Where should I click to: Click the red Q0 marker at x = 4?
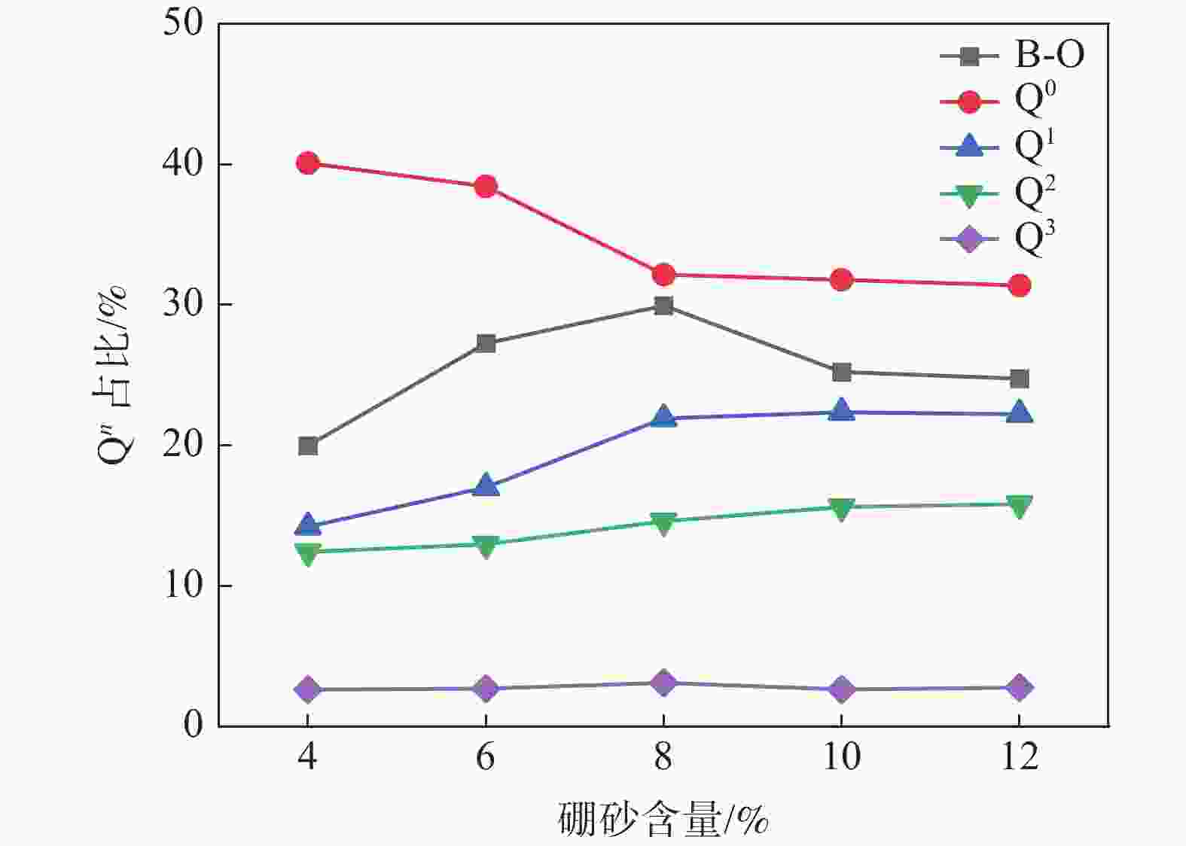click(307, 163)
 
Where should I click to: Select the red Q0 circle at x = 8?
click(663, 275)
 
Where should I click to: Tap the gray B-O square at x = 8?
click(663, 306)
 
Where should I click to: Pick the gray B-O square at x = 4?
click(308, 446)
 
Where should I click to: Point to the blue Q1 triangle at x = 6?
click(486, 485)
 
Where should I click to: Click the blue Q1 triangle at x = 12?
click(1019, 412)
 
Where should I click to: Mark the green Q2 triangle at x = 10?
click(841, 509)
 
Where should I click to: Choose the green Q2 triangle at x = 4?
click(308, 554)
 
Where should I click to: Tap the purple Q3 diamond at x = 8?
click(663, 683)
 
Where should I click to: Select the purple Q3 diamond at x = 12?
click(1019, 687)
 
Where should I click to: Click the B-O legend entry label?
click(1049, 55)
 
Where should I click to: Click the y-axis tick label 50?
click(184, 23)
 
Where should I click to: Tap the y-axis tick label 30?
click(184, 304)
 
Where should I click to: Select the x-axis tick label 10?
click(841, 756)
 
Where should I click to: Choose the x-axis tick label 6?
click(486, 756)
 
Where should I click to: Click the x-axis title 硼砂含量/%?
click(663, 820)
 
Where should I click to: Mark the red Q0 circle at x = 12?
click(1019, 285)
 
